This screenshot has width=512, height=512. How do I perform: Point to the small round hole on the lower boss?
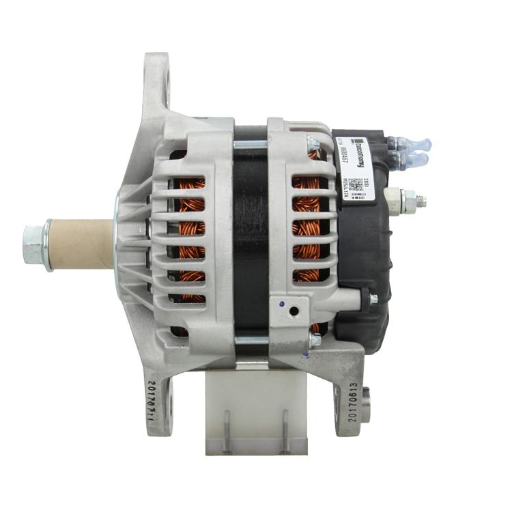pyautogui.click(x=294, y=311)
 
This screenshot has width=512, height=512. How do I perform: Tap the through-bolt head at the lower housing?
pyautogui.click(x=314, y=339)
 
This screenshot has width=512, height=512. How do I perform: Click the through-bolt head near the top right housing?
pyautogui.click(x=313, y=144)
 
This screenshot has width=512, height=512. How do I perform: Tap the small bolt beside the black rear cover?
pyautogui.click(x=373, y=298)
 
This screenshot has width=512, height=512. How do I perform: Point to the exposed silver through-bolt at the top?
pyautogui.click(x=250, y=144)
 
